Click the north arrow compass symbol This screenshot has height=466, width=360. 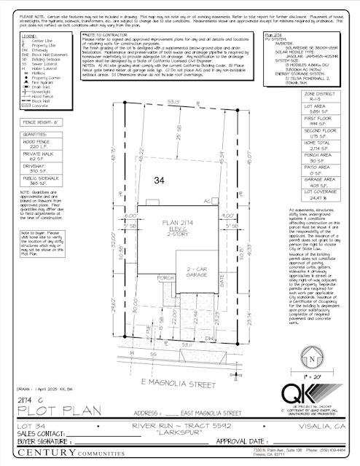click(x=313, y=358)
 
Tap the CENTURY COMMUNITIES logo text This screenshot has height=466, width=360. click(x=66, y=455)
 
